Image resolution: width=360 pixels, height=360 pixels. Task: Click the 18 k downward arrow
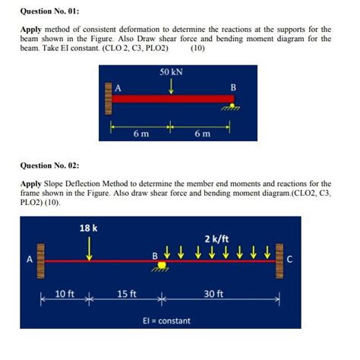click(90, 247)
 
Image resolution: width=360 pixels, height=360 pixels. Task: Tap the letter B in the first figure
click(233, 87)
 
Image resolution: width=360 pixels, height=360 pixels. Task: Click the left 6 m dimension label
click(141, 134)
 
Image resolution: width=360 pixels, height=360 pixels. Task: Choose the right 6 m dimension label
click(201, 134)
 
